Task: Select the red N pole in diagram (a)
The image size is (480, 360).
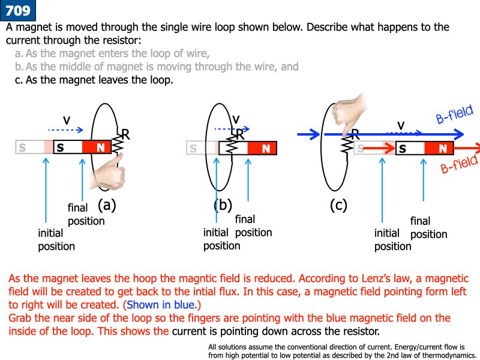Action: tap(100, 146)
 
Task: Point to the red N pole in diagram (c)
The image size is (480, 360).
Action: tap(442, 148)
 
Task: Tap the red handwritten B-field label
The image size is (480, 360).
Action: tap(458, 164)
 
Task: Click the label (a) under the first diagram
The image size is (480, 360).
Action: tap(106, 205)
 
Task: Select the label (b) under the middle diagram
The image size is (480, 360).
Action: tap(223, 205)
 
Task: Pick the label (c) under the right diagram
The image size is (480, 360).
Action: tap(338, 205)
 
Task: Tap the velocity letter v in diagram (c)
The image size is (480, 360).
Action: tap(401, 125)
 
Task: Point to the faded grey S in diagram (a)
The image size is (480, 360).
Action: tap(22, 146)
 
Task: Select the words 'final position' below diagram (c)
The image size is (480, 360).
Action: tap(428, 227)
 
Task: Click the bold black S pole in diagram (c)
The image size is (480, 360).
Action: tap(402, 148)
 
